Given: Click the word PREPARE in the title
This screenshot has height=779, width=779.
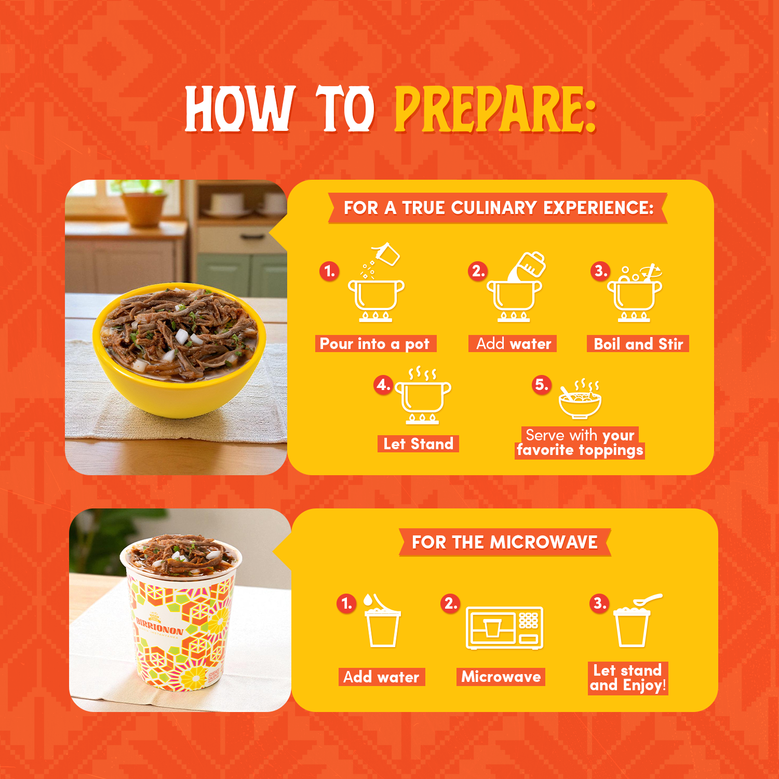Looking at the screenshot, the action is click(495, 109).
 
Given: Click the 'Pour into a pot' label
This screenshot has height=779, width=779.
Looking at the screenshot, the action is click(375, 344).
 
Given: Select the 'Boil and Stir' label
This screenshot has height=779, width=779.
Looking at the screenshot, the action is click(638, 344).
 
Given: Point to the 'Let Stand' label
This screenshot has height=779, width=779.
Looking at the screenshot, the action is click(418, 444).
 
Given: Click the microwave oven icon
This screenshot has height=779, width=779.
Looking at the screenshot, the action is click(504, 627).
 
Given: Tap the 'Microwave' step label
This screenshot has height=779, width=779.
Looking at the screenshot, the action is click(501, 677).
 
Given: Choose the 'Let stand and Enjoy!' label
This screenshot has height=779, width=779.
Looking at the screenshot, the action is click(628, 678).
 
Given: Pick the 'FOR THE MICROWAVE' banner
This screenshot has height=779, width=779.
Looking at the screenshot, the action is click(505, 542).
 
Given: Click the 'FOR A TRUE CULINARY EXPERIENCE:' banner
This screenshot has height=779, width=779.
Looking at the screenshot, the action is click(498, 208).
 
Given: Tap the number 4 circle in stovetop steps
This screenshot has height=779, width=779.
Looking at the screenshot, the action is click(383, 385).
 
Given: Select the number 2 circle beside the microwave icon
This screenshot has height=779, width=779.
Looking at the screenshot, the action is click(450, 603).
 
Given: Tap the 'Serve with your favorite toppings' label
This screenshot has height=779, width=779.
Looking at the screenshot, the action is click(580, 443).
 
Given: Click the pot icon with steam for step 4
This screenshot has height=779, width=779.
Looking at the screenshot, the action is click(423, 395).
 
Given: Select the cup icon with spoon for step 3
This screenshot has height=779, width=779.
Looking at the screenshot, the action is click(635, 620).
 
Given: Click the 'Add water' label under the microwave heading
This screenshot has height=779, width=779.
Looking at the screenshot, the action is click(382, 677).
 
